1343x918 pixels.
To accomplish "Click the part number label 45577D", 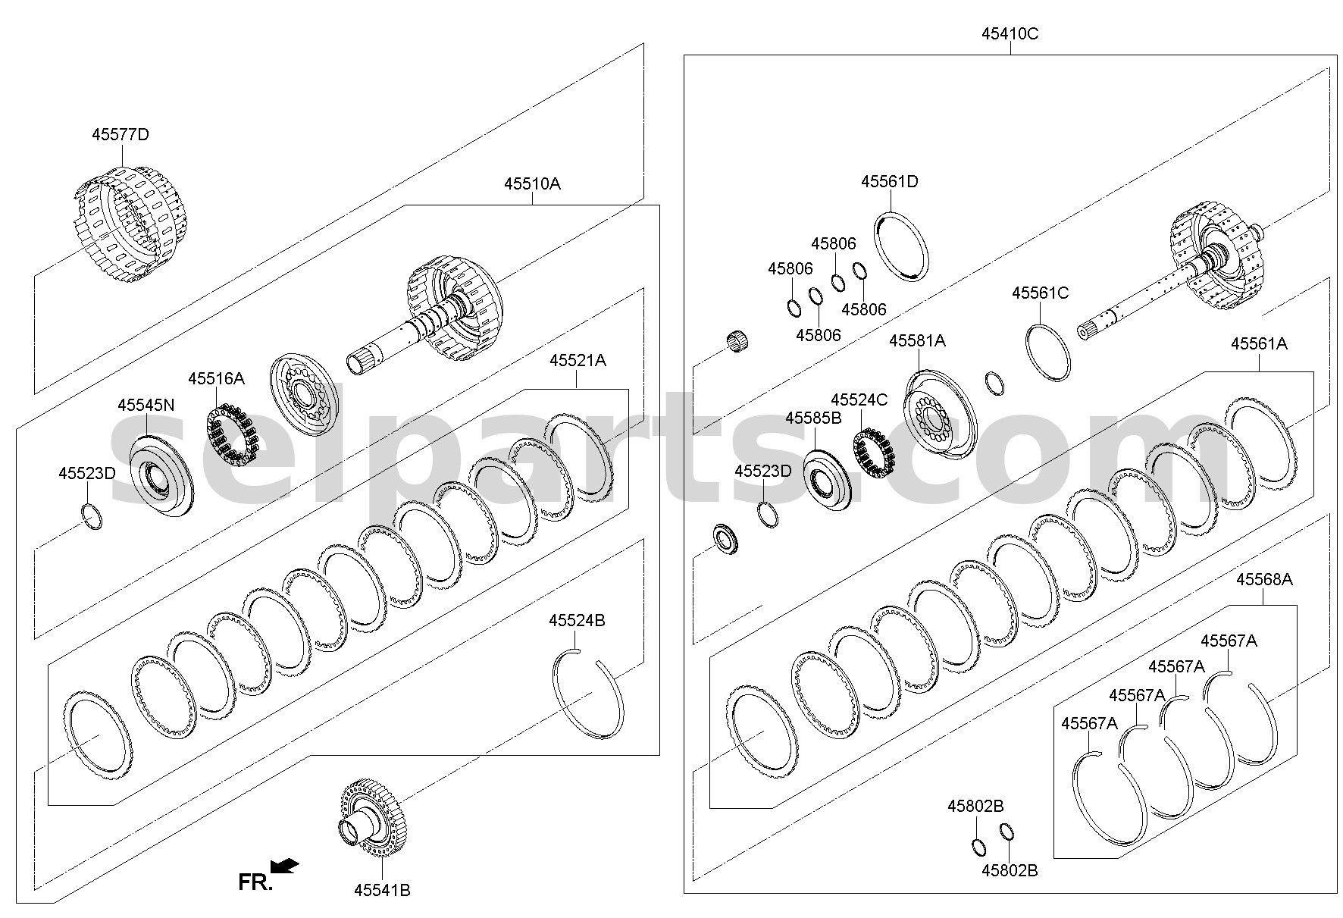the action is tap(121, 135).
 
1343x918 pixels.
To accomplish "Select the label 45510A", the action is tap(532, 183).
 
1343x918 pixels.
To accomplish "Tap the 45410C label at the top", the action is tap(1010, 33).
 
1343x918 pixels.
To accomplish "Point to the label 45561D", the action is tap(889, 182).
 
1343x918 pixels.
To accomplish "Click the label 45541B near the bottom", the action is tap(382, 890).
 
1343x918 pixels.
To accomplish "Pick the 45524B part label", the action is tap(577, 620).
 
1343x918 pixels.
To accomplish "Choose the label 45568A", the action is tap(1264, 580).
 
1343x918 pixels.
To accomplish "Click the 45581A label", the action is tap(917, 341).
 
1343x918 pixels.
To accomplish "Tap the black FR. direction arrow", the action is tap(284, 866).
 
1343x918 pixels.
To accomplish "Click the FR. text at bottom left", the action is tap(255, 882).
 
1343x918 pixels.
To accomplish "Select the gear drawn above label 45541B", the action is tap(372, 821).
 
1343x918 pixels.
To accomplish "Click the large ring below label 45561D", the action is tap(902, 246).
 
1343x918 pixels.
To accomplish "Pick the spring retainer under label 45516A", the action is tap(234, 437).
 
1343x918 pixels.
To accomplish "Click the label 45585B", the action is tap(813, 418).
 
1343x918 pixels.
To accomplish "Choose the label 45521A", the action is tap(578, 361).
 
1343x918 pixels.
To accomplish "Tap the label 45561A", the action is tap(1259, 343).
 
